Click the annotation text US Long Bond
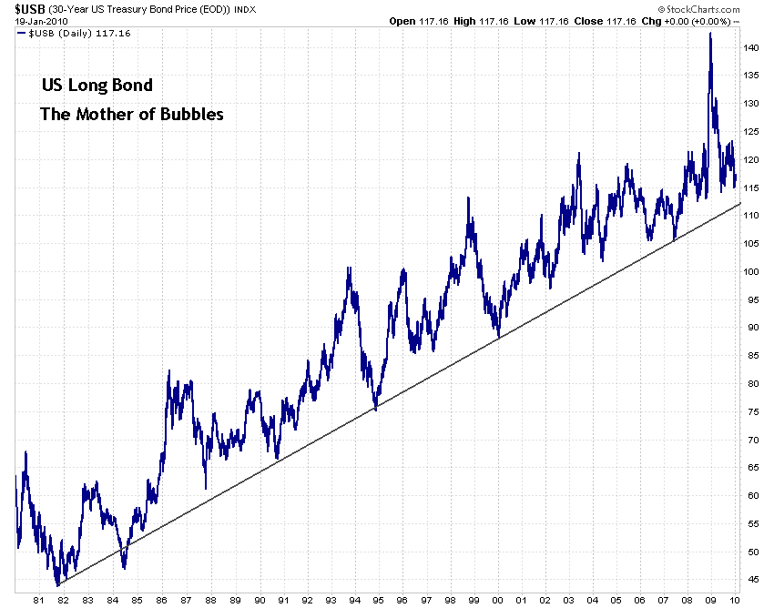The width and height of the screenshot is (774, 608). [97, 86]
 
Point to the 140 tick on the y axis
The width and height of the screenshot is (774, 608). [750, 47]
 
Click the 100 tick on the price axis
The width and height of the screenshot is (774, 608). [750, 271]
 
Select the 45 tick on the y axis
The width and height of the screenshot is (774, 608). [750, 580]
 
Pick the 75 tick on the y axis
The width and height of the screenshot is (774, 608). [750, 411]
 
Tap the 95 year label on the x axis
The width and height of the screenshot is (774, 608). [376, 600]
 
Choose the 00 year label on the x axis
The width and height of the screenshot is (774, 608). [497, 600]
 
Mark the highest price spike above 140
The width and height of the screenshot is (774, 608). [710, 35]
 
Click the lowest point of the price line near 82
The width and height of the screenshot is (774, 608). [57, 585]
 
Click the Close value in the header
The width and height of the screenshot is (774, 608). [622, 21]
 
